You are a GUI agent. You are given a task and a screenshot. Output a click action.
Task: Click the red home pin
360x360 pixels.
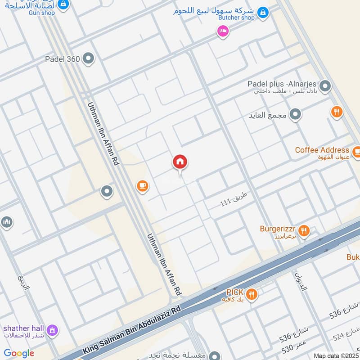tap(180, 162)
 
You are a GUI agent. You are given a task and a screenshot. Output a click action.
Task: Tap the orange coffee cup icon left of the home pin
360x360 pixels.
tap(143, 185)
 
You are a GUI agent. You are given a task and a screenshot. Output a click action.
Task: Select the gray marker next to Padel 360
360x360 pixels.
tap(89, 58)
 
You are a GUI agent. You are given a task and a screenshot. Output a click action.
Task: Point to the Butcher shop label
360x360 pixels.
tap(236, 18)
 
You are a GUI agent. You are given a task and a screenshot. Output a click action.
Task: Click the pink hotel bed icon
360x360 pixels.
tap(222, 31)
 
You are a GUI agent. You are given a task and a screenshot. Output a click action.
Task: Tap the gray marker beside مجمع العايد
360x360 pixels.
tap(295, 115)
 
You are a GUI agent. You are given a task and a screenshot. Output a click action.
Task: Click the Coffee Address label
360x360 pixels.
tap(322, 150)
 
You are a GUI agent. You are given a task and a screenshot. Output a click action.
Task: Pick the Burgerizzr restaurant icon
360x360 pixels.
tap(305, 231)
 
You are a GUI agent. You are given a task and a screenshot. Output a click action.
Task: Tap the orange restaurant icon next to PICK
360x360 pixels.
tap(252, 294)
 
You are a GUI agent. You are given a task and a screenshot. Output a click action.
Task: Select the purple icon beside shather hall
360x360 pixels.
tap(53, 330)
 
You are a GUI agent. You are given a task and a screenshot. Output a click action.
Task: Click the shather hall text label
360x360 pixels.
tap(22, 328)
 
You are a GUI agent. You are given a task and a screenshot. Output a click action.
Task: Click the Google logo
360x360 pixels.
tap(19, 353)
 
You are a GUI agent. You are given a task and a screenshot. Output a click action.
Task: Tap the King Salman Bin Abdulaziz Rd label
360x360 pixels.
tap(131, 330)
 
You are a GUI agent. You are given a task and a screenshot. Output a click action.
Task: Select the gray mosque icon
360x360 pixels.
tap(6, 222)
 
